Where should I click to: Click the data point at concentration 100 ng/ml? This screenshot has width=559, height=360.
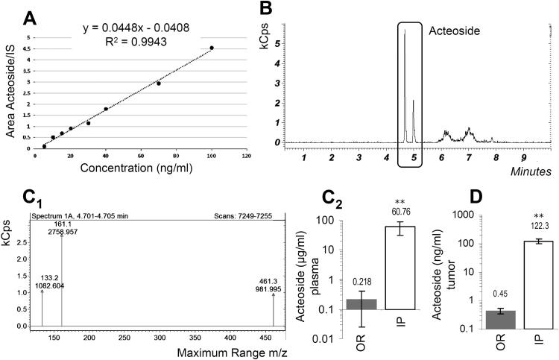[x=212, y=48]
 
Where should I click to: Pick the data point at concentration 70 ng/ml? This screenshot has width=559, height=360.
[x=159, y=83]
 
